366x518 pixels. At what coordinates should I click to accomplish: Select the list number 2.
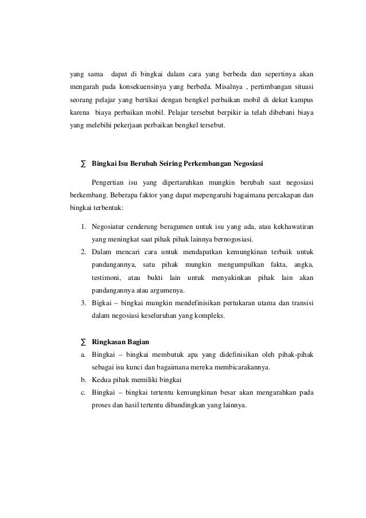84,252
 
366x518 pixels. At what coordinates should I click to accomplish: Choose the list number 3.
84,302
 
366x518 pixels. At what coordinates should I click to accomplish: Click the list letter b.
84,380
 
